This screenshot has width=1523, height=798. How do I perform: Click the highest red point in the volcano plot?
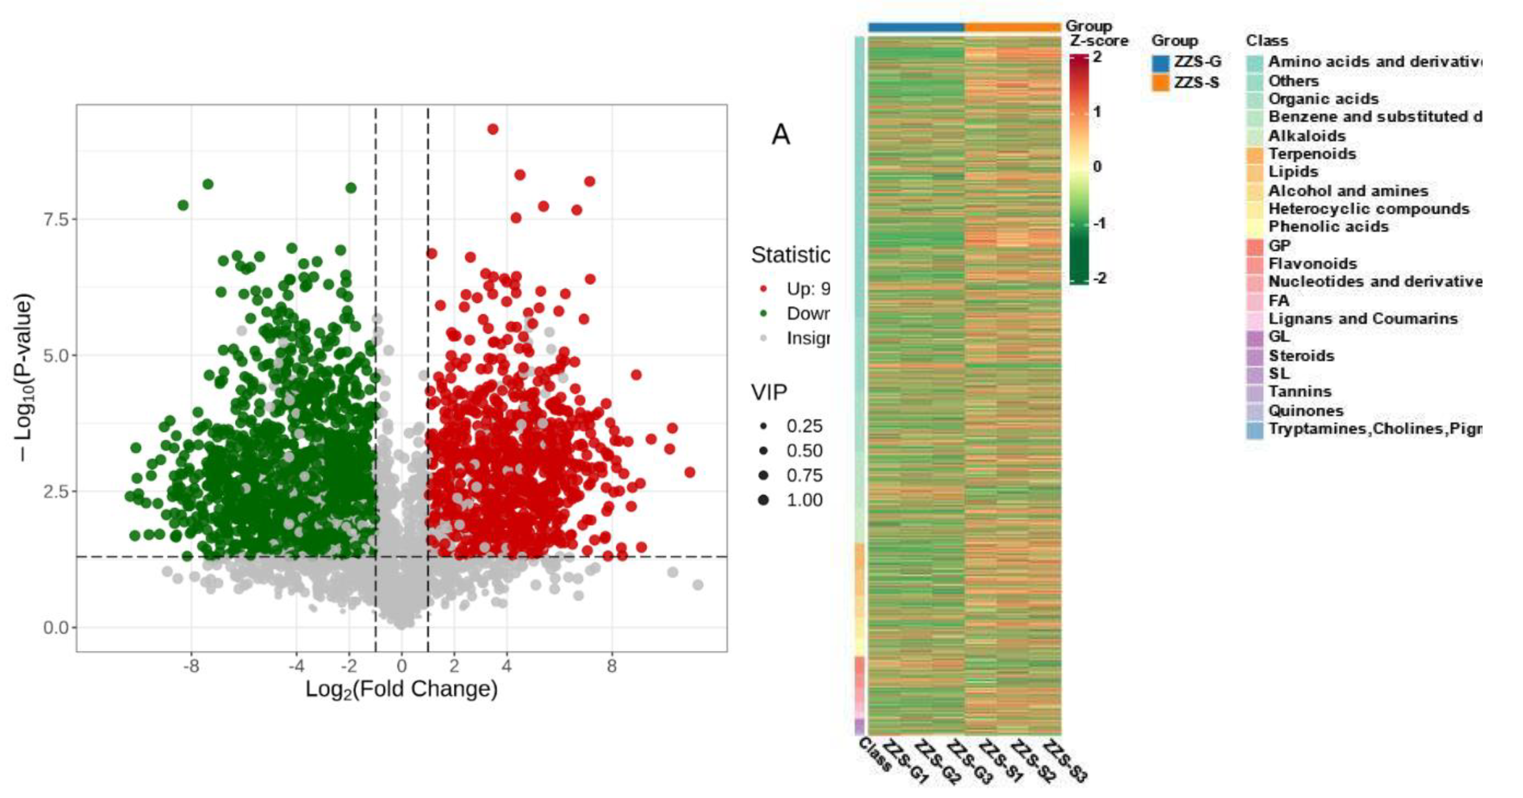(492, 129)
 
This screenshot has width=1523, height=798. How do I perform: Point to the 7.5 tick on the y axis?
(57, 219)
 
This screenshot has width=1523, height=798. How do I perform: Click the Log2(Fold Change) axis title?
(401, 690)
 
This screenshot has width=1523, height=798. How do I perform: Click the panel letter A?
(781, 135)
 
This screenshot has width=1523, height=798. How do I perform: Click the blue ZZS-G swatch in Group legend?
(1160, 63)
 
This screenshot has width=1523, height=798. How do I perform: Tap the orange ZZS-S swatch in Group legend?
(1160, 83)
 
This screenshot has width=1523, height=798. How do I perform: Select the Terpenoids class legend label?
(1311, 154)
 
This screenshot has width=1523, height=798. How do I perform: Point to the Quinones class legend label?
(1305, 411)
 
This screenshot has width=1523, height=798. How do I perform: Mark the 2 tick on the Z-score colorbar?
(1096, 57)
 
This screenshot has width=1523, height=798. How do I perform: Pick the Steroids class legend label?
(1301, 356)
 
